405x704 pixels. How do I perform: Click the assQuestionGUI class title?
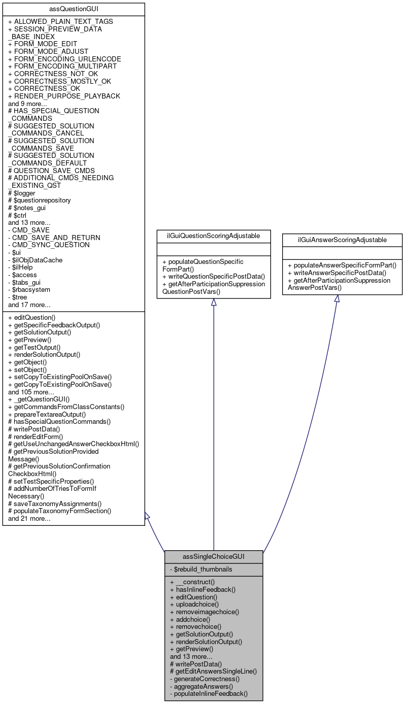pos(74,9)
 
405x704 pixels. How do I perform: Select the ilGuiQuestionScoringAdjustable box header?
pos(213,237)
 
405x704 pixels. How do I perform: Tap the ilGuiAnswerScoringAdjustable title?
pos(342,240)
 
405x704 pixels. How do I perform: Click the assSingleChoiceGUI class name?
pos(214,557)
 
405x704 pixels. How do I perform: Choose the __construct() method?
pos(192,582)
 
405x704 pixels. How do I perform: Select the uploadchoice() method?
pos(194,605)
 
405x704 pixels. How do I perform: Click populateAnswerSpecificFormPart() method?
pos(342,265)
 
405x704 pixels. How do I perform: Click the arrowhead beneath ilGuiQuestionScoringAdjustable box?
pos(214,303)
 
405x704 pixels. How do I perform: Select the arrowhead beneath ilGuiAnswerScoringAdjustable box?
pos(336,299)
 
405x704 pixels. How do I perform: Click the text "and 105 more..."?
pos(31,392)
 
